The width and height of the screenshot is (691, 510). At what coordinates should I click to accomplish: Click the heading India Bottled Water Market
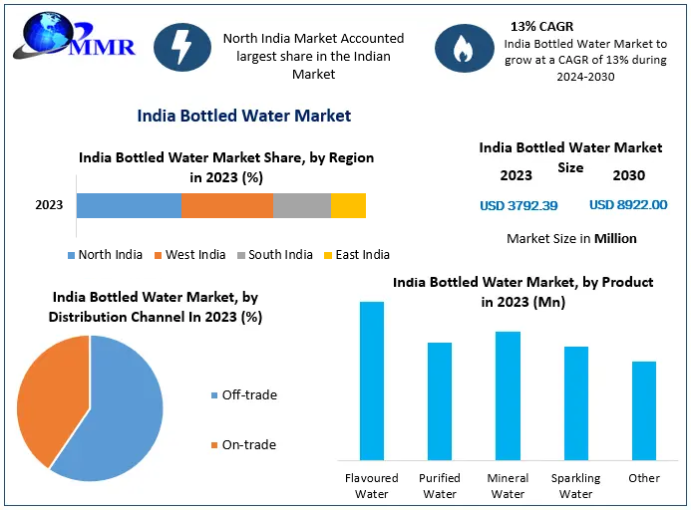(243, 116)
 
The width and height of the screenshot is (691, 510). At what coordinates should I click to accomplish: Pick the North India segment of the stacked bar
(129, 205)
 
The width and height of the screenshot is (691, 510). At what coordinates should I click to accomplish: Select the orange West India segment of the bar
(226, 205)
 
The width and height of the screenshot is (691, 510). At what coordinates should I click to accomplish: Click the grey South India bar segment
(301, 205)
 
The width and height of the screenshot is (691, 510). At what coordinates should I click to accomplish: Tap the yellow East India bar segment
(348, 205)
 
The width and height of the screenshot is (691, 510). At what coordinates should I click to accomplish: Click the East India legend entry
(356, 255)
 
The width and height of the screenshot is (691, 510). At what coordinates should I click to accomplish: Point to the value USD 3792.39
(518, 205)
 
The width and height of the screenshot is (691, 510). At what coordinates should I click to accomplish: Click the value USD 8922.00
(628, 205)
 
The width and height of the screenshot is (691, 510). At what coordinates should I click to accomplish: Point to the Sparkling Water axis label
(576, 486)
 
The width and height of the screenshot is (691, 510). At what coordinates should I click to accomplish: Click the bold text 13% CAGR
(541, 26)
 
